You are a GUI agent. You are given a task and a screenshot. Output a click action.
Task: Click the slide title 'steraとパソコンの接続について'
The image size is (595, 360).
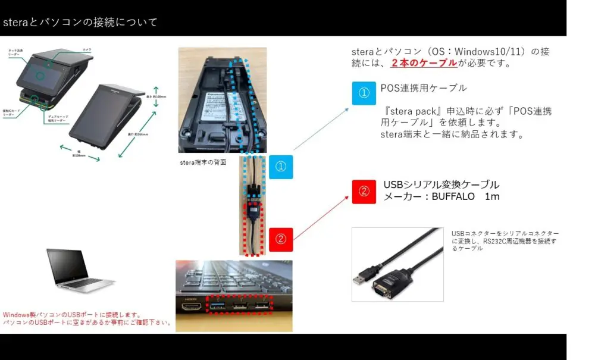click(x=80, y=23)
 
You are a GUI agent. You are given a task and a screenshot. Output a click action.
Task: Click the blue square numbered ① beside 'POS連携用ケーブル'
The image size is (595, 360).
click(x=364, y=93)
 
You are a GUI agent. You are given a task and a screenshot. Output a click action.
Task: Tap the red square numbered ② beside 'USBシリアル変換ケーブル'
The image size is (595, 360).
click(x=364, y=192)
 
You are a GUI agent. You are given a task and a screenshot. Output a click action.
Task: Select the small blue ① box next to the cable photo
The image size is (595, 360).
click(x=281, y=167)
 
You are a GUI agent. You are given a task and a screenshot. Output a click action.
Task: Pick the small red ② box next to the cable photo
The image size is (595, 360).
click(x=281, y=239)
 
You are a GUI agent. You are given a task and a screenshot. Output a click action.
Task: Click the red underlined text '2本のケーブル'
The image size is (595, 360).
click(x=424, y=63)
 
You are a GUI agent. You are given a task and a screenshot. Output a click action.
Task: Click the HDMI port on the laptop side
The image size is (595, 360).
click(x=190, y=307)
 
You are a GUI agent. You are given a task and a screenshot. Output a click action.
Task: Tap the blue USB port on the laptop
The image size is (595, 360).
click(x=217, y=306)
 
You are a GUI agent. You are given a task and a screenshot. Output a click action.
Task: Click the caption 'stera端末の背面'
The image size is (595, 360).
click(x=203, y=161)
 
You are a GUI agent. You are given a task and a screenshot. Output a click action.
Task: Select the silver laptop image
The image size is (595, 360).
click(x=79, y=271)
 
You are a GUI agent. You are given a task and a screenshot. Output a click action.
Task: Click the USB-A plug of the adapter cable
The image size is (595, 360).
click(x=361, y=278)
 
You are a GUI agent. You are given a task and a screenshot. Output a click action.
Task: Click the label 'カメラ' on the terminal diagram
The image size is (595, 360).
click(x=87, y=49)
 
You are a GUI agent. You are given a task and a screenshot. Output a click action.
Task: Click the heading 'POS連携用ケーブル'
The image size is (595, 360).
click(x=424, y=88)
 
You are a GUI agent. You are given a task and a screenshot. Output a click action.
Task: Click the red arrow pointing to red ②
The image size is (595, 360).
click(x=321, y=217)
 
